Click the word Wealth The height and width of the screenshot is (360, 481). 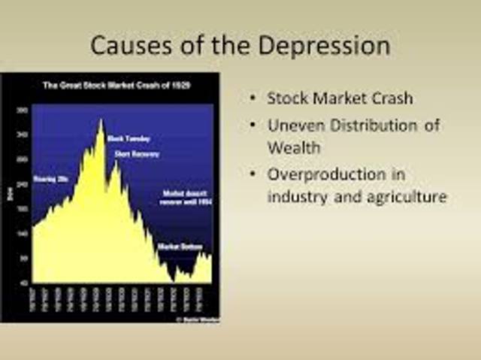(x=294, y=147)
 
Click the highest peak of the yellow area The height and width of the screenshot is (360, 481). (x=100, y=120)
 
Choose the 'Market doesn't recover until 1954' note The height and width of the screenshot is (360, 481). (x=184, y=197)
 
